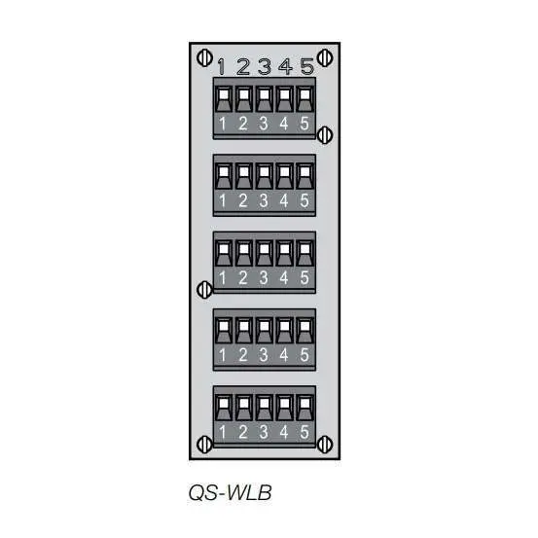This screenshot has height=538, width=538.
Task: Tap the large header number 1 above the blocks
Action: click(222, 67)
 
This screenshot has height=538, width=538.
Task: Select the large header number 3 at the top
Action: click(264, 67)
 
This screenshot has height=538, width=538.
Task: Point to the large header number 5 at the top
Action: click(306, 67)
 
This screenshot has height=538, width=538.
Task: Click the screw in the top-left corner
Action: click(203, 56)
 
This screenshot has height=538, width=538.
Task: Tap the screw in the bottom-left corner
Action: click(203, 444)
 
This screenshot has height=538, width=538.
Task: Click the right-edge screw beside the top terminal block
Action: click(326, 133)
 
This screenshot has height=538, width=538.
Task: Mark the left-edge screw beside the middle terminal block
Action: click(203, 288)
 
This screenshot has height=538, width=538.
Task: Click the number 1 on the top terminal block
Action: click(223, 124)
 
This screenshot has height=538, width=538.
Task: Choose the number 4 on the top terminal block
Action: click(285, 124)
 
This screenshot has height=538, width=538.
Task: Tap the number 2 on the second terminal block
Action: click(243, 201)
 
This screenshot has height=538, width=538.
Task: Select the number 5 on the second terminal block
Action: click(305, 201)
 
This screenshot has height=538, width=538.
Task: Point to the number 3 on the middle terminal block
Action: click(264, 278)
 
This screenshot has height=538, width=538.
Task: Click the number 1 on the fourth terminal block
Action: click(223, 355)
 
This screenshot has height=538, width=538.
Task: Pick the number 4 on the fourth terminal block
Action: click(285, 355)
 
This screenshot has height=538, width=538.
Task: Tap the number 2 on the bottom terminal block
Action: click(243, 432)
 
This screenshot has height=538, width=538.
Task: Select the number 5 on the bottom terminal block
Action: click(305, 432)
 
